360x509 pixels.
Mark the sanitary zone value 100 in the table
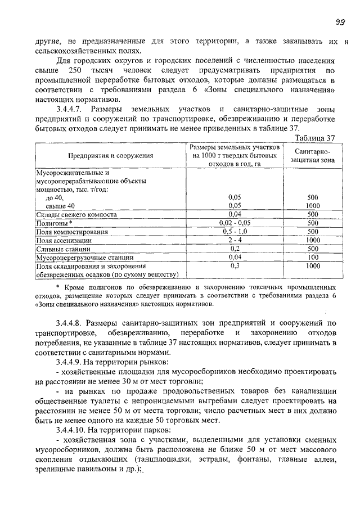(x=313, y=257)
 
